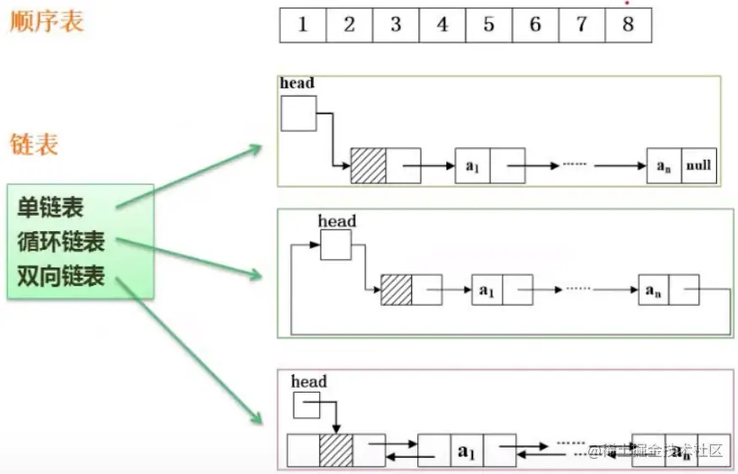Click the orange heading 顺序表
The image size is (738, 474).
click(47, 22)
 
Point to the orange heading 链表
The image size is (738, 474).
click(34, 144)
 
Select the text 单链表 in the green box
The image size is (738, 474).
click(51, 207)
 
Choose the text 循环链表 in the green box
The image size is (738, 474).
click(61, 242)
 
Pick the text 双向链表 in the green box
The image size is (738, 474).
click(61, 276)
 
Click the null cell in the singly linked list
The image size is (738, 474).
click(698, 166)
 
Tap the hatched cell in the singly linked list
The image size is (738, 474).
click(368, 166)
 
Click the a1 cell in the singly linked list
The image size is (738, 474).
click(472, 166)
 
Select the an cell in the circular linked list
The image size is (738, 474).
click(653, 289)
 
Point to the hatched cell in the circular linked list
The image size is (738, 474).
click(396, 290)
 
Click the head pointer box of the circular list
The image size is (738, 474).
click(335, 245)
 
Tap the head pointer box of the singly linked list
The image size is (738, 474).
click(298, 113)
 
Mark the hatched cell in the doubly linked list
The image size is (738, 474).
click(336, 449)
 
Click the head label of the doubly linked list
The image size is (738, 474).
click(309, 382)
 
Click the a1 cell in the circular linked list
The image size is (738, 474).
click(487, 290)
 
